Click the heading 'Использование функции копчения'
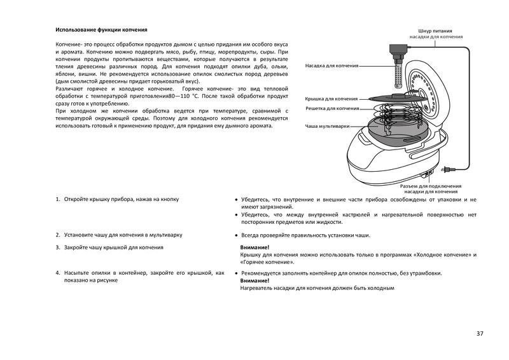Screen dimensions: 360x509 [x=101, y=30]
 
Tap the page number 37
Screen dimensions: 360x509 [x=479, y=333]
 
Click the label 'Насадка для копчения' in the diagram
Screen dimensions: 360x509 [x=331, y=66]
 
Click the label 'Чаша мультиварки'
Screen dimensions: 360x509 [x=327, y=127]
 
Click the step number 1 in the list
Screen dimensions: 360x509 [x=58, y=200]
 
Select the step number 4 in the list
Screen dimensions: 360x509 [x=58, y=273]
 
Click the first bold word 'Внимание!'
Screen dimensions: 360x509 [x=254, y=247]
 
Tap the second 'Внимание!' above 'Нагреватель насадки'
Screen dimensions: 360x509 [x=254, y=280]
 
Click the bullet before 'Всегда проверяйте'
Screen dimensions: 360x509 [x=237, y=235]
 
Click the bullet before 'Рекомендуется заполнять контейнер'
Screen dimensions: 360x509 [x=237, y=273]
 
